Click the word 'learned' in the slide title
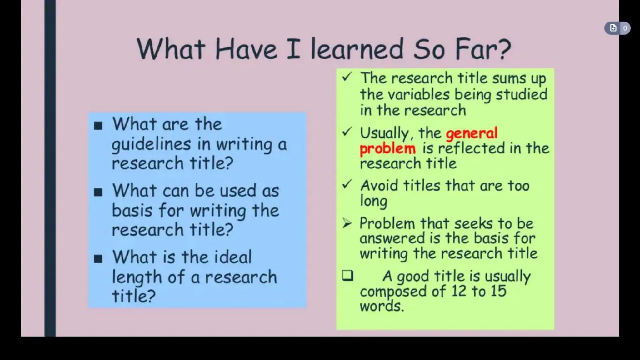pyautogui.click(x=357, y=49)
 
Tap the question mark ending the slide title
pyautogui.click(x=503, y=49)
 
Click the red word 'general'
pyautogui.click(x=471, y=133)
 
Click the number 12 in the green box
pyautogui.click(x=458, y=291)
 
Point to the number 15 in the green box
pyautogui.click(x=498, y=291)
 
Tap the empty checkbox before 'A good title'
pyautogui.click(x=347, y=276)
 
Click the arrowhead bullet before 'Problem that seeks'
pyautogui.click(x=347, y=223)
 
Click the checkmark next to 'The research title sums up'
pyautogui.click(x=347, y=77)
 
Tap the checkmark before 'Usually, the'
pyautogui.click(x=347, y=132)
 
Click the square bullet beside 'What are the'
pyautogui.click(x=98, y=126)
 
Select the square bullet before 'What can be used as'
pyautogui.click(x=98, y=192)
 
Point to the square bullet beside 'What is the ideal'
pyautogui.click(x=98, y=259)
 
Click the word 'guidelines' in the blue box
pyautogui.click(x=151, y=145)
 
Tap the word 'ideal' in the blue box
pyautogui.click(x=233, y=257)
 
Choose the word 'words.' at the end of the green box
pyautogui.click(x=382, y=306)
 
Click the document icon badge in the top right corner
pyautogui.click(x=613, y=28)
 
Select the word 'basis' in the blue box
pyautogui.click(x=132, y=210)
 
